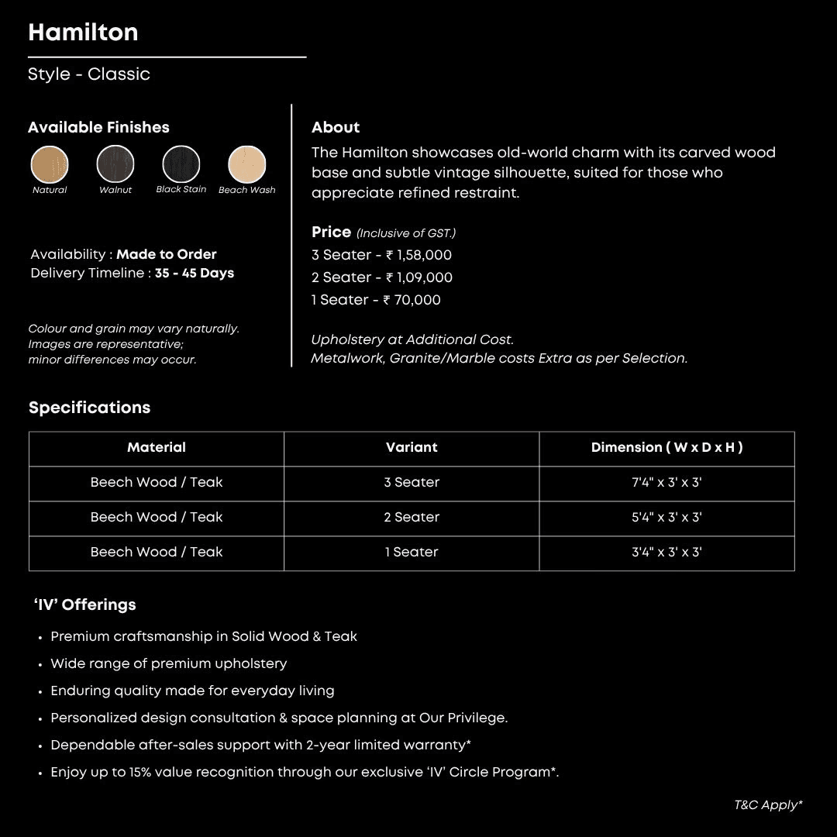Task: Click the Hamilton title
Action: coord(83,33)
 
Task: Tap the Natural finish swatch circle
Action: coord(50,164)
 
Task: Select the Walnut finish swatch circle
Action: coord(115,164)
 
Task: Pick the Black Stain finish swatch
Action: coord(181,164)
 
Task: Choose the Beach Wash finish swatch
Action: coord(247,164)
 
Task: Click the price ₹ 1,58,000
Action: coord(418,255)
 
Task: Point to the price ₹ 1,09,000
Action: coord(418,277)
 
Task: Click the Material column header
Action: coord(157,447)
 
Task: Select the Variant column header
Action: coord(412,447)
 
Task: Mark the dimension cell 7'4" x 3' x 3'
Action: coord(666,482)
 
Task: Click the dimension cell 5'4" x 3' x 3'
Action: coord(666,517)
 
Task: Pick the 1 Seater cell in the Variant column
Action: coord(412,552)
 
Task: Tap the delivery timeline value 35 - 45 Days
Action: coord(195,273)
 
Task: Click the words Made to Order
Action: coord(167,254)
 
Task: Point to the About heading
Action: coord(336,127)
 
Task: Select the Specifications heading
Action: coord(90,408)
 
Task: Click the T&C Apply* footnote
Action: coord(768,804)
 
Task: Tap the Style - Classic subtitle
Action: coord(89,74)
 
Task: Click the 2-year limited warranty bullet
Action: coord(261,745)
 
